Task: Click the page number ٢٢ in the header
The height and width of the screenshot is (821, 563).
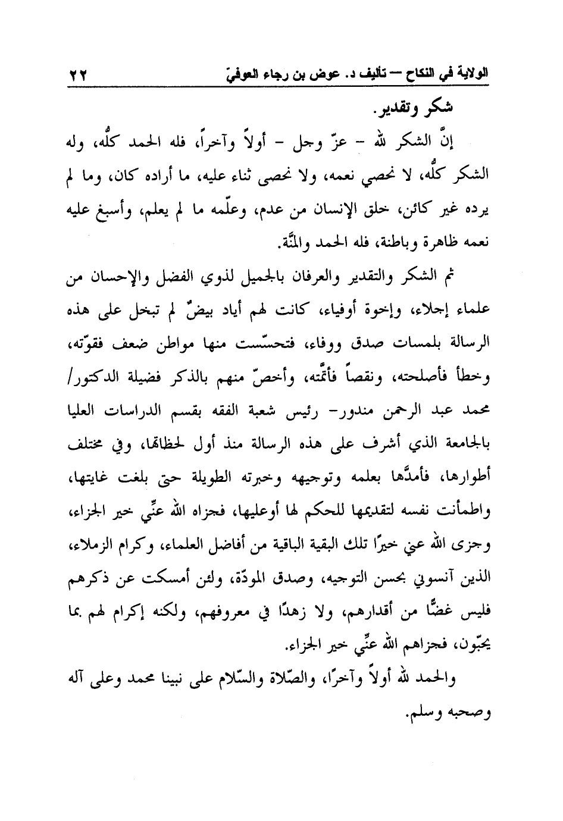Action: coord(77,76)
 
